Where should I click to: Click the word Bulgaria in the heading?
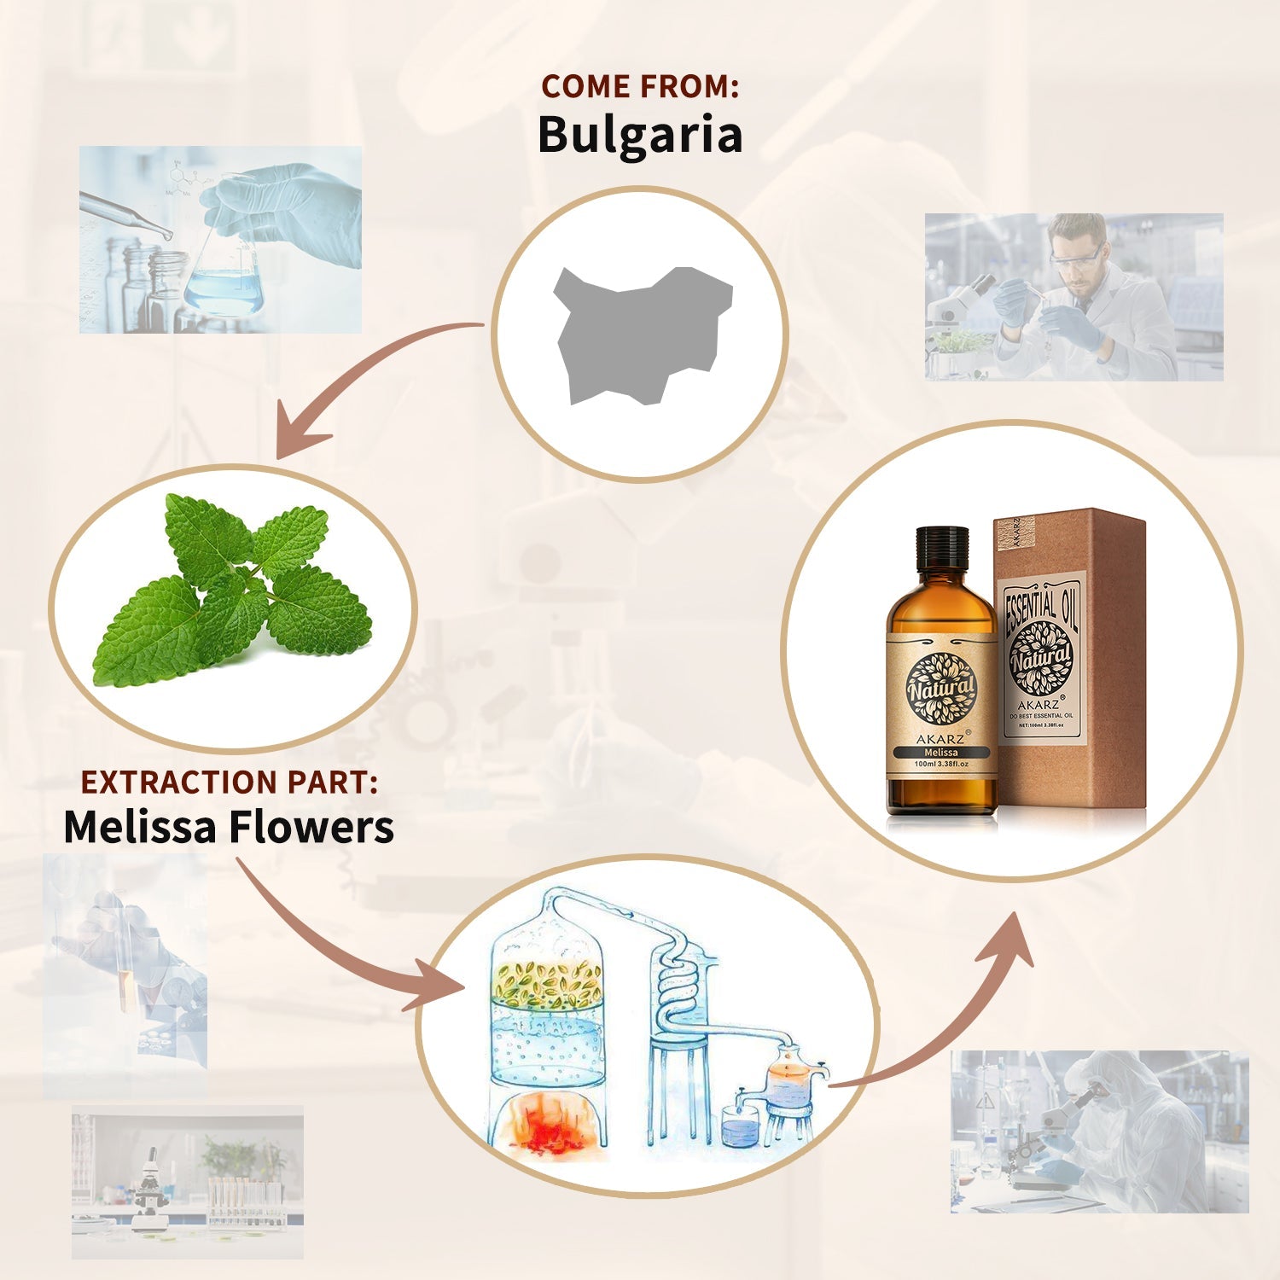[639, 135]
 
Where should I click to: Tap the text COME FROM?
[639, 86]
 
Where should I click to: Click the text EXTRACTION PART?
[229, 782]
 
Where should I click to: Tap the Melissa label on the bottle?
[941, 753]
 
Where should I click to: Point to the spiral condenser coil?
[678, 981]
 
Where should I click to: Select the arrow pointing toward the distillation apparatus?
[341, 947]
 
